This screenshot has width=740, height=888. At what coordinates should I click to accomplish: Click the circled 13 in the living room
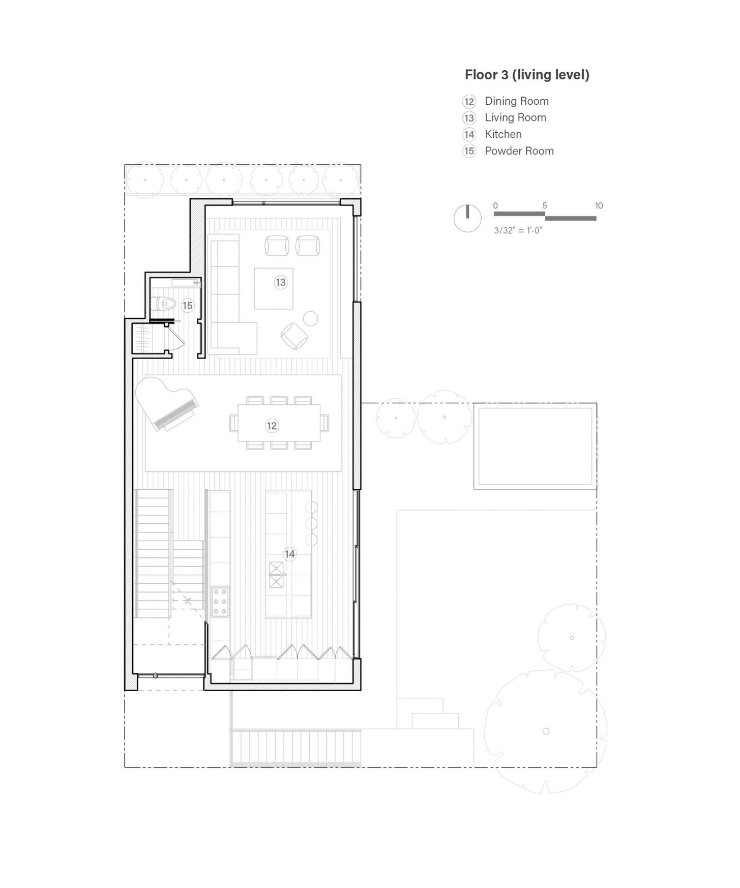pos(281,282)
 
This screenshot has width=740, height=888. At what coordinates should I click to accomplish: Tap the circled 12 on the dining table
pos(272,426)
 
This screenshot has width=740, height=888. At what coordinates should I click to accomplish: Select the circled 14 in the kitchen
pos(289,554)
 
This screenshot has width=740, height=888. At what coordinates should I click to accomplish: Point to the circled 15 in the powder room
pos(188,305)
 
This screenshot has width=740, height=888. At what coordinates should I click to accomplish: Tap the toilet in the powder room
pos(164,304)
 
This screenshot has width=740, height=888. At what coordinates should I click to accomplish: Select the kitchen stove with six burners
pos(220,601)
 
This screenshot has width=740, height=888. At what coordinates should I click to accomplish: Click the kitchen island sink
pos(277,575)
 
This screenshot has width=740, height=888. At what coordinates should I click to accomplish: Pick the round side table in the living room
pos(310,319)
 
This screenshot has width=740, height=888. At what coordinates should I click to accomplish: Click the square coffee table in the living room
pos(274,288)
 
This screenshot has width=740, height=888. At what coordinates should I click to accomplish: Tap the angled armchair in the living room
pos(294,336)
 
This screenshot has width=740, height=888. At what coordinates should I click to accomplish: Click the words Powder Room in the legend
pos(519,151)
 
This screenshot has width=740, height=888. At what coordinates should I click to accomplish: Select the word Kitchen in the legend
pos(503,134)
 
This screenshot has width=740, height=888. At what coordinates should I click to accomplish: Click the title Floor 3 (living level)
pos(527,75)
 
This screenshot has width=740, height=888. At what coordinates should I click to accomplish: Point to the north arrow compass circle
pos(467,219)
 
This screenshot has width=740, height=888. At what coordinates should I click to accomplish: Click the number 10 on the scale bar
pos(599,205)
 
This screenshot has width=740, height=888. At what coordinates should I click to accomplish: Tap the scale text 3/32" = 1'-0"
pos(518,230)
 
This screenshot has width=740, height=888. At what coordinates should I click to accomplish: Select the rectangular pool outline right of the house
pos(535,446)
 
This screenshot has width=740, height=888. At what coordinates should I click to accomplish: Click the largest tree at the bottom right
pos(546,731)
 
